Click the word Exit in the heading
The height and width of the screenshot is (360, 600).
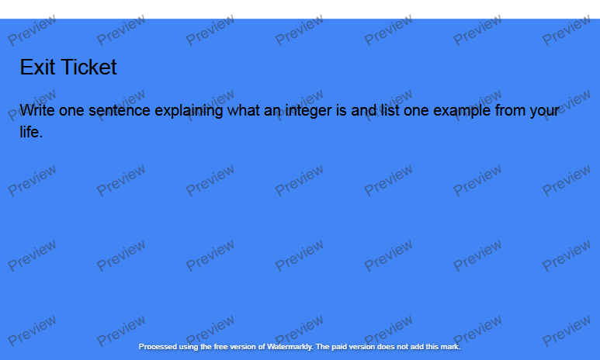37,67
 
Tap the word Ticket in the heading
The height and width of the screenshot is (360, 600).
88,67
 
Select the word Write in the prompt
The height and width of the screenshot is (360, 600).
37,110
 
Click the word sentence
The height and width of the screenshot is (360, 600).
120,110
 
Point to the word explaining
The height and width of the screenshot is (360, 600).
189,110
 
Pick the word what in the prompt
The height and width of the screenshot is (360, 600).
243,110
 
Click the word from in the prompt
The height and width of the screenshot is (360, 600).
510,110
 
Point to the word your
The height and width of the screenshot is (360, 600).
545,110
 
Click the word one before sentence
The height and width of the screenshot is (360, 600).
71,110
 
